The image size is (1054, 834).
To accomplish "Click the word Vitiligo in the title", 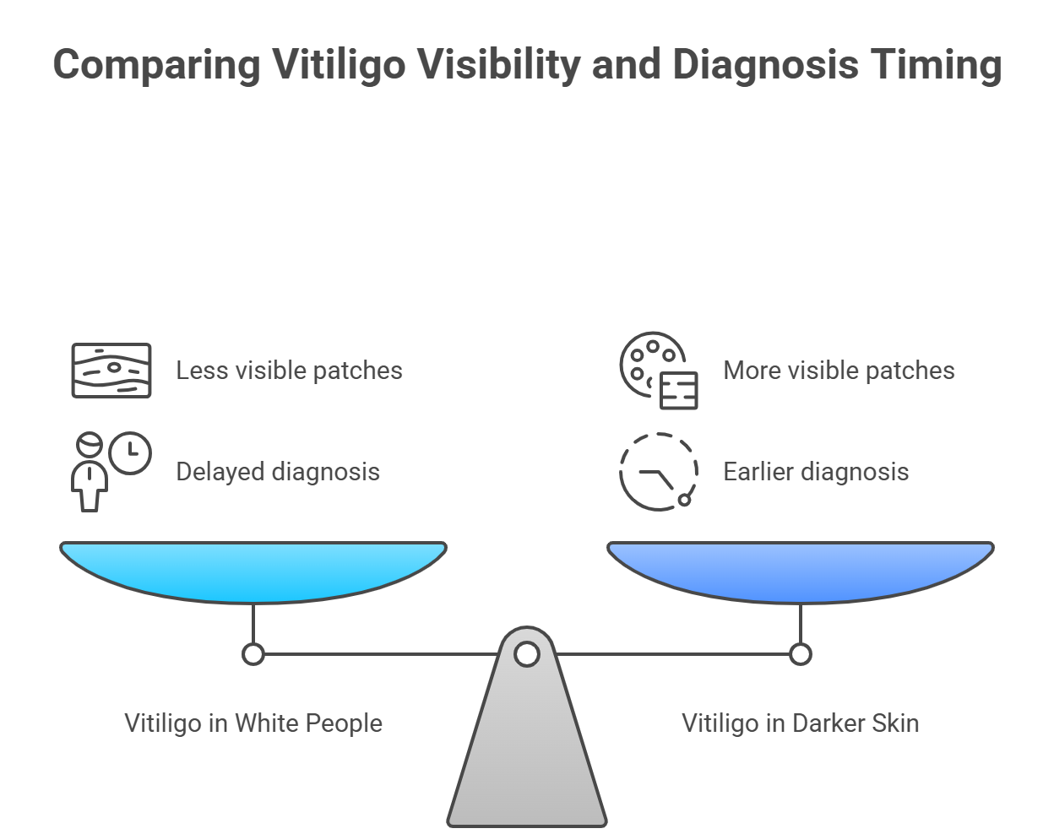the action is tap(339, 65).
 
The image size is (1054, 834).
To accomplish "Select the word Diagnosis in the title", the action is tap(765, 65).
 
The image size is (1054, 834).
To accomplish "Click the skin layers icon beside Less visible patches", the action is tap(111, 371).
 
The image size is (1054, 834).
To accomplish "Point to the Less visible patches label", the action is tap(289, 371).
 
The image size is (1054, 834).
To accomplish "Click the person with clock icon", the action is tap(111, 472).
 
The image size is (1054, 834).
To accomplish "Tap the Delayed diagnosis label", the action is tap(278, 472).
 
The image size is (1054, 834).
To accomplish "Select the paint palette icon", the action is tap(659, 371).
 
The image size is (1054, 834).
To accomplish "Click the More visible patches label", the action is tap(839, 371).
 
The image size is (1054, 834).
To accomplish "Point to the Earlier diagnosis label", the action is tap(816, 472).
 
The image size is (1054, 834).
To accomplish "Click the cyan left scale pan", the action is tap(253, 572).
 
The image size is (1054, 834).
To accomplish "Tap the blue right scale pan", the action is tap(801, 572).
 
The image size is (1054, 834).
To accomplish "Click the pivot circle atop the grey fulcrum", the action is tap(527, 654).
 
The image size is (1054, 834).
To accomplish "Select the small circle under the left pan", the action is tap(253, 654).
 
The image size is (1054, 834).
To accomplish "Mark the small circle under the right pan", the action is tap(801, 654).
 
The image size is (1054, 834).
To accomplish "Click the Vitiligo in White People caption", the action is tap(253, 723).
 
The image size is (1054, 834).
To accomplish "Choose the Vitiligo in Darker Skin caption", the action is tap(801, 723).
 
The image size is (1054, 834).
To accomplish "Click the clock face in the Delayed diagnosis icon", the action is tap(130, 453).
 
